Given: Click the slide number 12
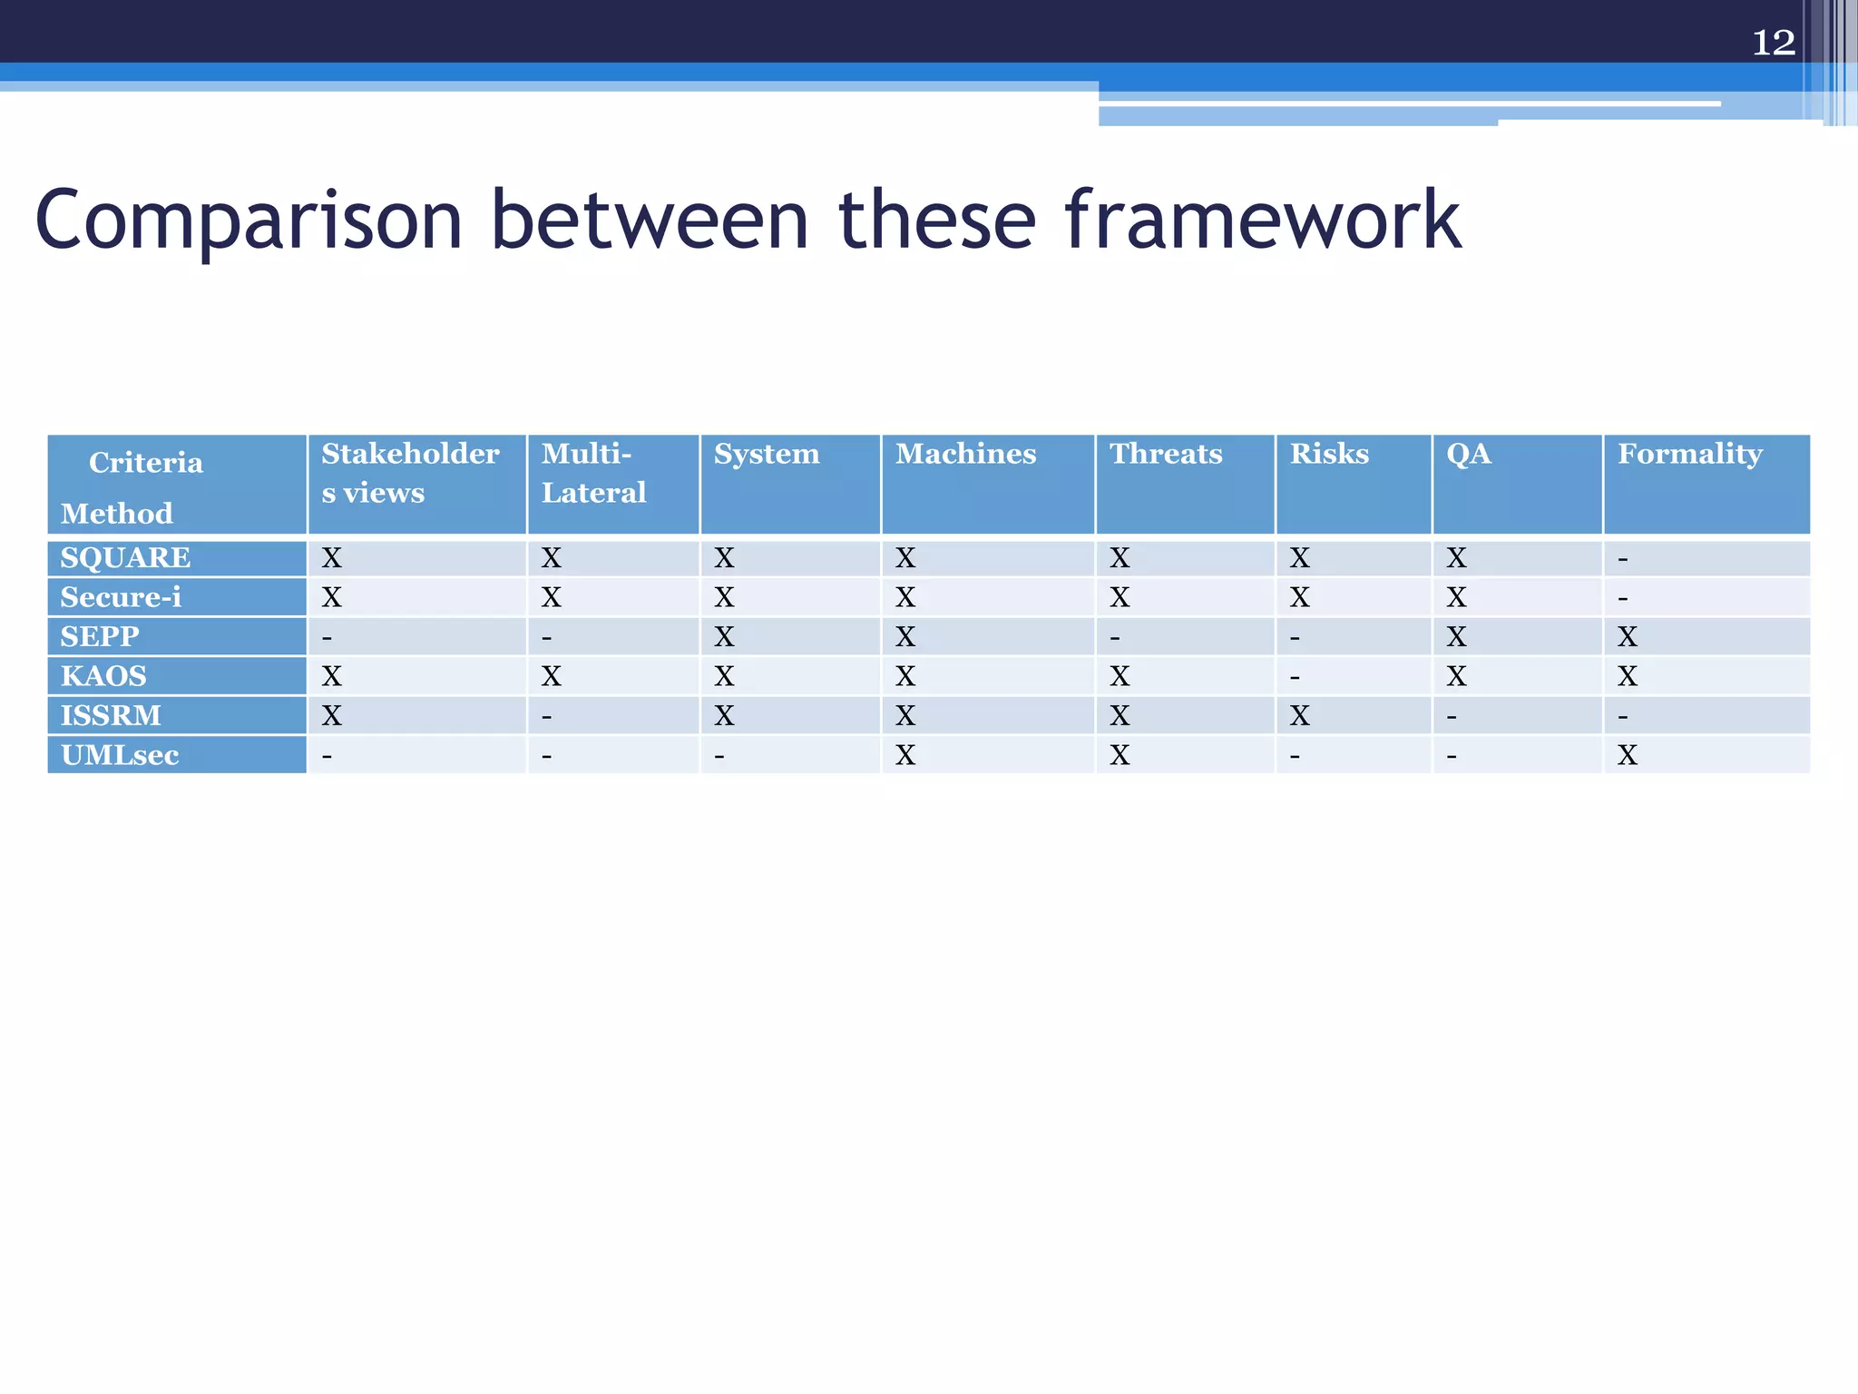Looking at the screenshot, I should (1773, 43).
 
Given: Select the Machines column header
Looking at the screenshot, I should (965, 454).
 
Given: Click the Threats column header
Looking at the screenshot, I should (1166, 454).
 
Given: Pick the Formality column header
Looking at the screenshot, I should (1689, 454).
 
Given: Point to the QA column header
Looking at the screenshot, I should (1468, 454).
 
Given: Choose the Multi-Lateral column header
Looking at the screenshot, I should (593, 473).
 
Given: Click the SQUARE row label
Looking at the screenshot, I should (125, 557).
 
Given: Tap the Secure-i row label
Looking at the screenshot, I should (121, 597).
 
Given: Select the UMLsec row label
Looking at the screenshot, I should (120, 755).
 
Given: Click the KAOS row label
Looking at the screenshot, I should (103, 676).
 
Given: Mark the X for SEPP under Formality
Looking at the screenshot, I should (1628, 637).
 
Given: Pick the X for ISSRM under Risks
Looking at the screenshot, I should (1300, 716).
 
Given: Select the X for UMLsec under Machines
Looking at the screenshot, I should (905, 755).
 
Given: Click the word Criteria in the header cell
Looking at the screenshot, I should (145, 463).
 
